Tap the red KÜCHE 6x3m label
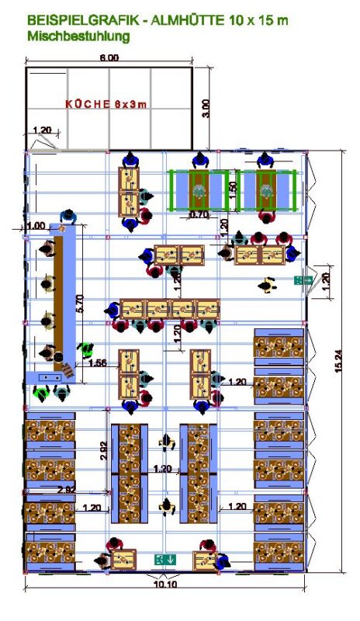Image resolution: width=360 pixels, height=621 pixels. [x=106, y=105]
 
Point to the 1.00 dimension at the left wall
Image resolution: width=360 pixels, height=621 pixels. [x=36, y=226]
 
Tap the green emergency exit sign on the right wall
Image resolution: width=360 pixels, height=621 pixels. [x=303, y=279]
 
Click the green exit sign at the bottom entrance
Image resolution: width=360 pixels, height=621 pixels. [x=164, y=558]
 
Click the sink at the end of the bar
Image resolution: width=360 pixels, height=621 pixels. [x=49, y=376]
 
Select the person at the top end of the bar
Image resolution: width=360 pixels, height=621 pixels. [x=69, y=217]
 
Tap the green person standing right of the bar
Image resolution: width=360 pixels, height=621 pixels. [x=88, y=350]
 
